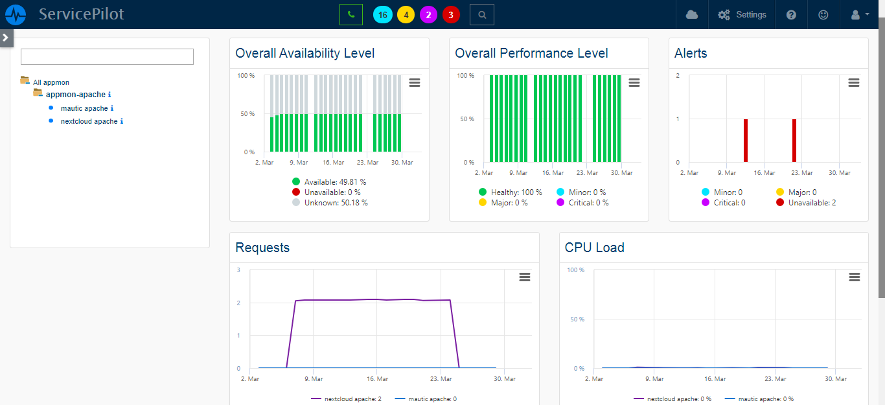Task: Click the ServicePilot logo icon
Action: click(x=16, y=14)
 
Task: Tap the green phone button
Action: click(x=351, y=14)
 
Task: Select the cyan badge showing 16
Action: click(x=382, y=15)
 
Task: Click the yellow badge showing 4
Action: click(x=406, y=15)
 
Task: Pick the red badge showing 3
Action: click(x=451, y=15)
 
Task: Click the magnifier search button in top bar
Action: click(x=481, y=14)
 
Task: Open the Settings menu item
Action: click(x=742, y=14)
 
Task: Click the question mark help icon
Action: click(x=791, y=14)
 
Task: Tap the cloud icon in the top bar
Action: click(x=692, y=14)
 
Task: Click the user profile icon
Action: click(x=859, y=14)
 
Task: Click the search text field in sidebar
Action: click(x=107, y=57)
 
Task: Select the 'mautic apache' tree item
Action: click(x=84, y=108)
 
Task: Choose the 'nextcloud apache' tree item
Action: click(x=89, y=121)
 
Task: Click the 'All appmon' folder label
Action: click(x=51, y=82)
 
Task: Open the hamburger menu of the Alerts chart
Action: click(x=854, y=82)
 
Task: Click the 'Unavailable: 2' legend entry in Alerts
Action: click(x=812, y=203)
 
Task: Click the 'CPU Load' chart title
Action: click(x=594, y=248)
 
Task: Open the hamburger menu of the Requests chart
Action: click(x=525, y=277)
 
